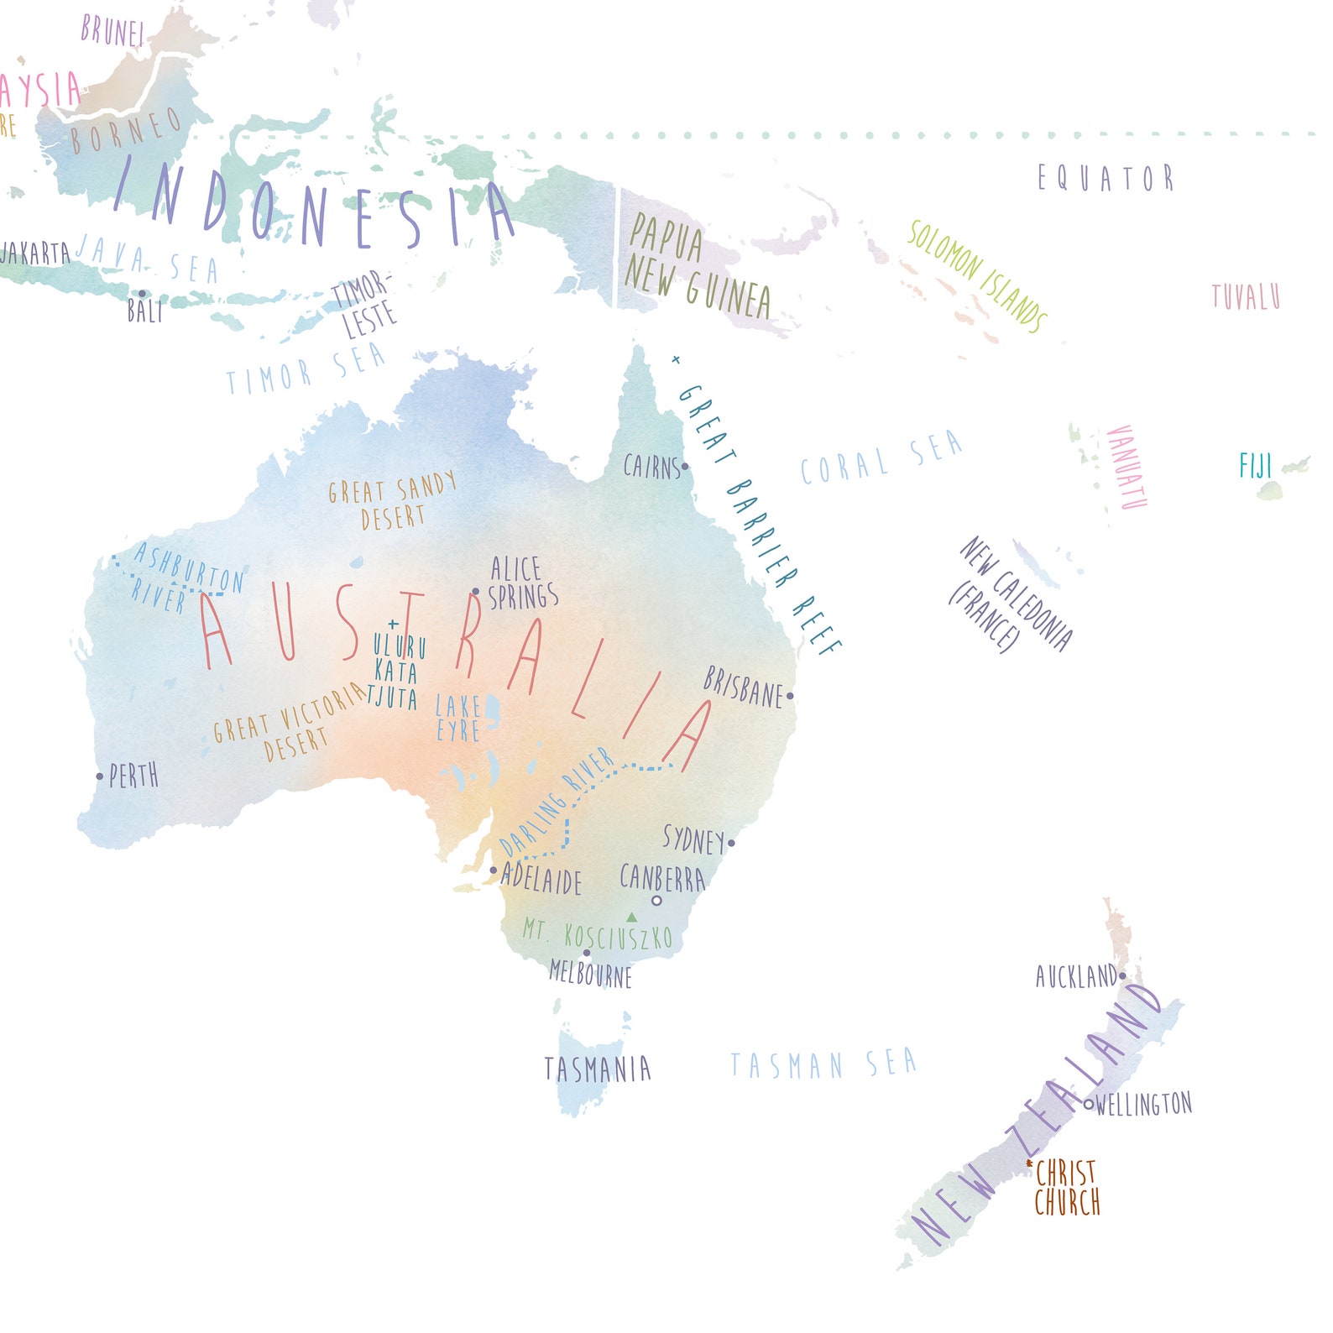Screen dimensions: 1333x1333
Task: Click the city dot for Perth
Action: click(100, 776)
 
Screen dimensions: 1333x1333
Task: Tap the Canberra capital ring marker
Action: click(656, 901)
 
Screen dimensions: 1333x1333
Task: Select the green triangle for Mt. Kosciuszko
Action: click(631, 917)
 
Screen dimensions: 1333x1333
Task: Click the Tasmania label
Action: click(597, 1069)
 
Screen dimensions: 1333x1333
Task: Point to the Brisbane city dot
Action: click(790, 696)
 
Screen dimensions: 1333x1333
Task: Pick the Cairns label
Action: click(651, 467)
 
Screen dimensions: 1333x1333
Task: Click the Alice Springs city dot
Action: click(476, 592)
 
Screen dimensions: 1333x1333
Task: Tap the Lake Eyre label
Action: click(458, 719)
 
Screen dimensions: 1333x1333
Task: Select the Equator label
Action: click(1105, 178)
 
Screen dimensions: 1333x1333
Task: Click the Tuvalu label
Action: click(1246, 296)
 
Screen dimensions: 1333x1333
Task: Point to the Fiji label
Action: click(1256, 466)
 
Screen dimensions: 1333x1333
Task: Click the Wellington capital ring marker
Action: click(1089, 1105)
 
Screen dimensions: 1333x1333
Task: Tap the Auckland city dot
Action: click(1122, 976)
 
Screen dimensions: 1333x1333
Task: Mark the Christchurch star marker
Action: click(1030, 1163)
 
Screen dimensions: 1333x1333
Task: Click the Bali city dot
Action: click(142, 294)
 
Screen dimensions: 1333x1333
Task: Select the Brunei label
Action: click(112, 32)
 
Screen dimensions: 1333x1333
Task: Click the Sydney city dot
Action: click(731, 843)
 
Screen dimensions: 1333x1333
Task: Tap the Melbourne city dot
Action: click(587, 953)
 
